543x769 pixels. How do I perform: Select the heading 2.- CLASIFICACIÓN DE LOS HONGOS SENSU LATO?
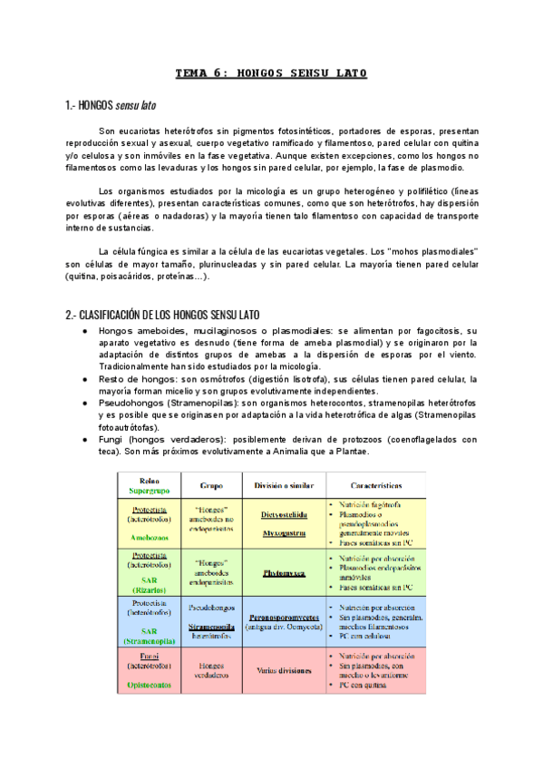coord(162,315)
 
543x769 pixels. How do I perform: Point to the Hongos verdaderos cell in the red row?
coord(211,668)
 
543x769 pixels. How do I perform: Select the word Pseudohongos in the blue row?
coord(211,604)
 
